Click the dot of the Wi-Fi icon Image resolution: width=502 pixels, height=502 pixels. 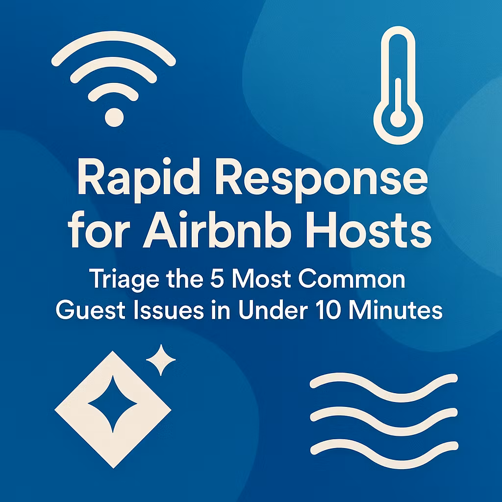click(x=114, y=117)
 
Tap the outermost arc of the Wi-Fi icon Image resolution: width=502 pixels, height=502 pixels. click(x=113, y=36)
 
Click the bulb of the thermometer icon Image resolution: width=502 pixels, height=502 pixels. click(x=398, y=119)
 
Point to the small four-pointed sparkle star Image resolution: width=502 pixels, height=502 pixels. click(x=161, y=360)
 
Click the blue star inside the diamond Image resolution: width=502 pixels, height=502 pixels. click(x=113, y=404)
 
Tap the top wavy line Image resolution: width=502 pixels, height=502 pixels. click(x=384, y=387)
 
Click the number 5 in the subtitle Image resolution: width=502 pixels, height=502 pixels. click(x=217, y=279)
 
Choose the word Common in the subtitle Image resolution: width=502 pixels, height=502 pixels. click(x=352, y=279)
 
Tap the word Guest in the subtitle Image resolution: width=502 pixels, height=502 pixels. click(x=90, y=310)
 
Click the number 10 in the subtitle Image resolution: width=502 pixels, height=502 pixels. click(x=328, y=310)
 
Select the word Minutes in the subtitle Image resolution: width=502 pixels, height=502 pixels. click(x=396, y=310)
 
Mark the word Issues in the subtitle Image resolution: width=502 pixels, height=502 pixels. click(x=169, y=310)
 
